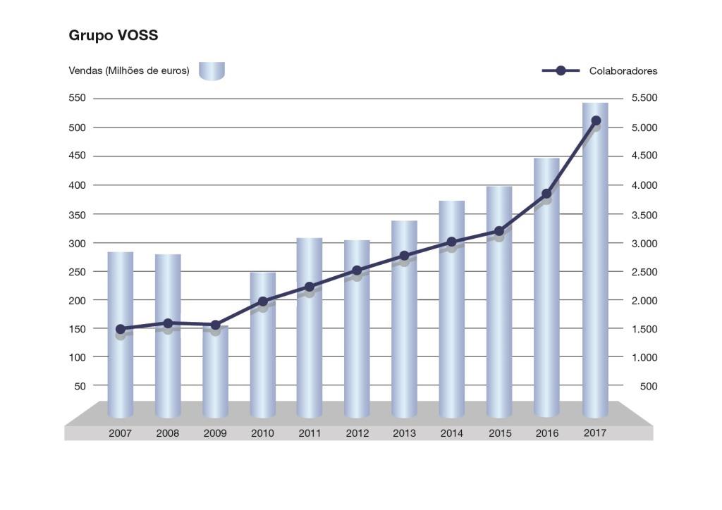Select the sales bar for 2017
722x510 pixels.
595,268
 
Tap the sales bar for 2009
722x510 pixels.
215,373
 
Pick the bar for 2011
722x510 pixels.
310,338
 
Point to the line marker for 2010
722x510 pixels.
263,301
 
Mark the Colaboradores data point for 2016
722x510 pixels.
546,194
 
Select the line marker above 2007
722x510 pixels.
121,329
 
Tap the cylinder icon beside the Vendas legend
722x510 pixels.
212,71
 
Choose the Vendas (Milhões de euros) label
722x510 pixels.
129,71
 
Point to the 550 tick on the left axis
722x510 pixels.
78,98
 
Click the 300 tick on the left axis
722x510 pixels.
78,243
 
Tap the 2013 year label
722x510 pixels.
405,433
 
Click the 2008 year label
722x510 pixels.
168,433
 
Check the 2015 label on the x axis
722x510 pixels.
500,433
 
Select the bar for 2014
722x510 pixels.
452,317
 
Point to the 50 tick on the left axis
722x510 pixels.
80,386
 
